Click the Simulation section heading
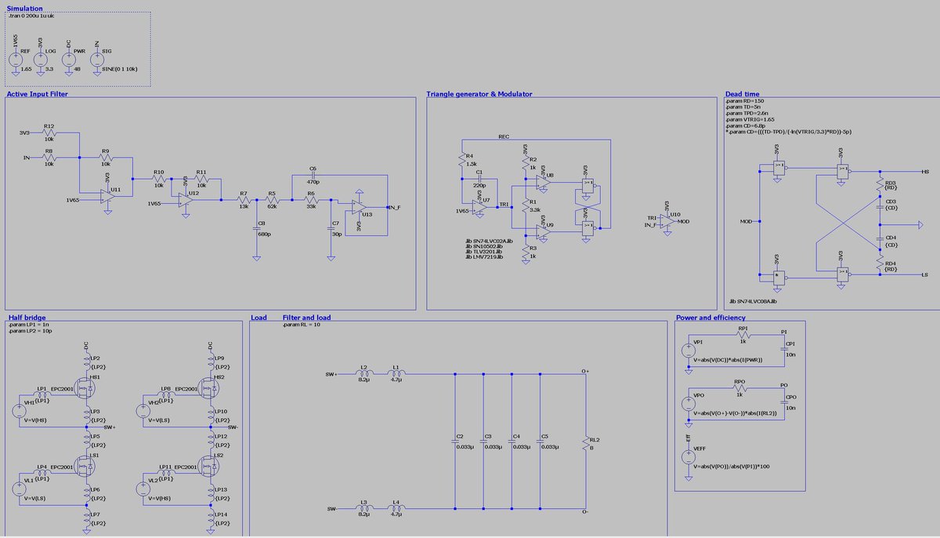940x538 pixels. point(24,8)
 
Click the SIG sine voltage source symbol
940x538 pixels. point(96,60)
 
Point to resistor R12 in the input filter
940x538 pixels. point(49,133)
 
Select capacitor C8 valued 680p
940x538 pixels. point(256,225)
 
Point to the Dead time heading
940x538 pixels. point(743,94)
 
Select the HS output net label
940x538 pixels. point(925,171)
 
